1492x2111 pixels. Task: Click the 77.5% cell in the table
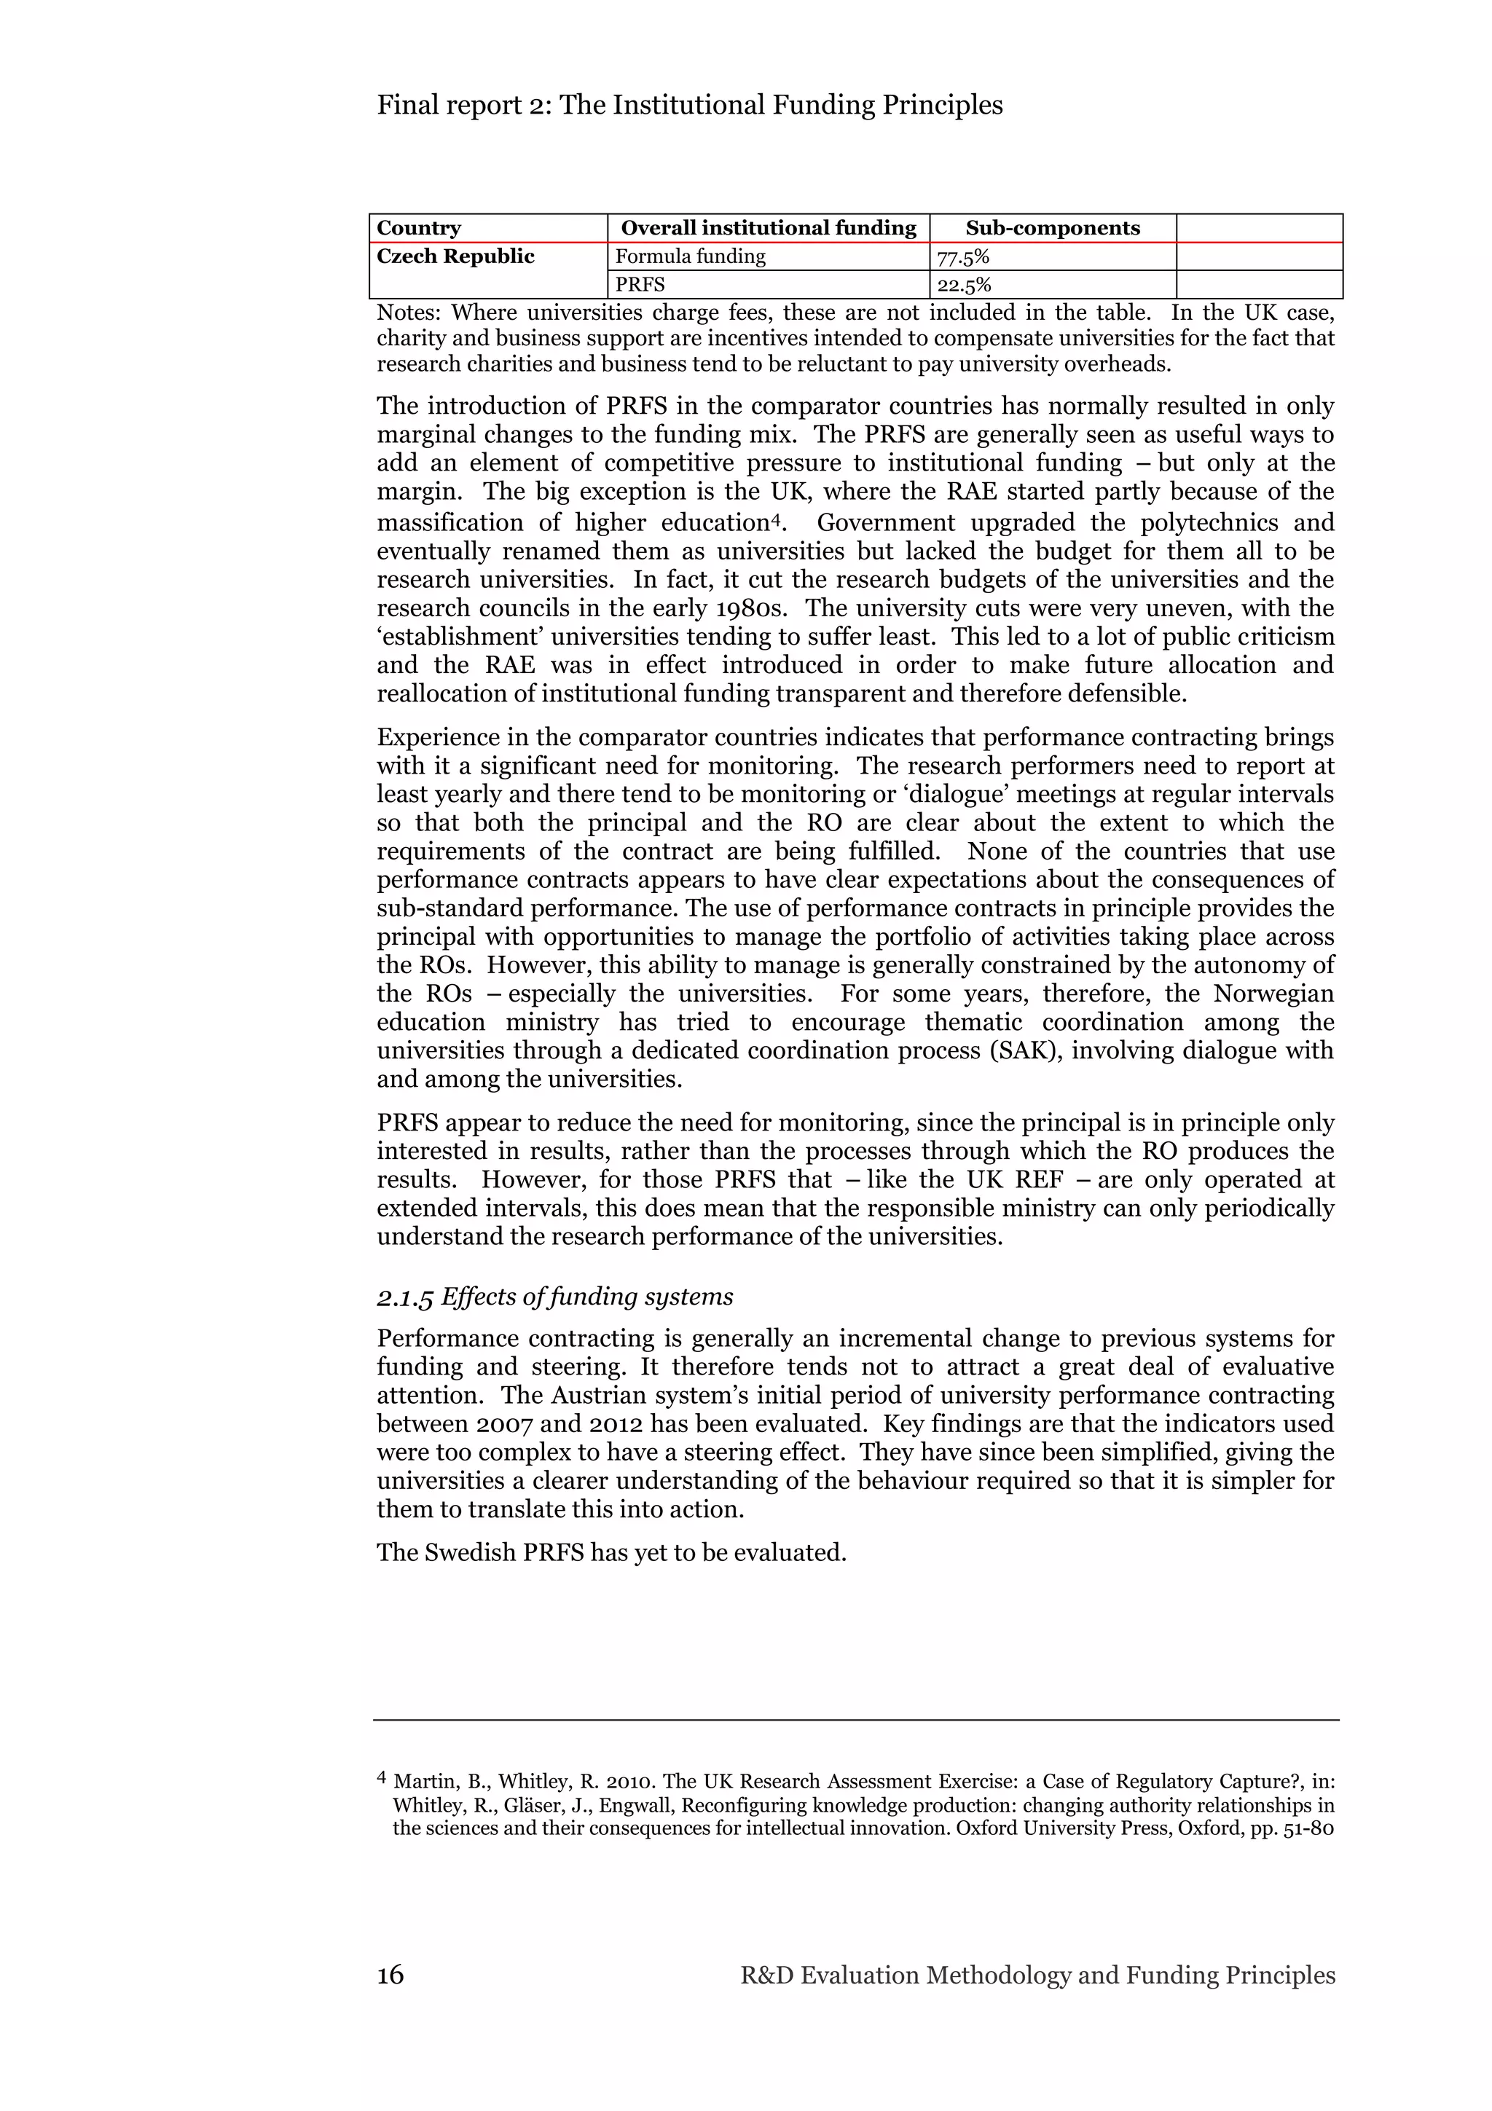[962, 256]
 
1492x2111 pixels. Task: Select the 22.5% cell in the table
[962, 285]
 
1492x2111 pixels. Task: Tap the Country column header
[418, 228]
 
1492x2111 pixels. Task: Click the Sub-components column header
[1052, 228]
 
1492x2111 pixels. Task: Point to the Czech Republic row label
[455, 256]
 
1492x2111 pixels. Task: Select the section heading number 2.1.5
[404, 1297]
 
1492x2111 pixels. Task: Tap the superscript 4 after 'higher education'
[775, 520]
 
